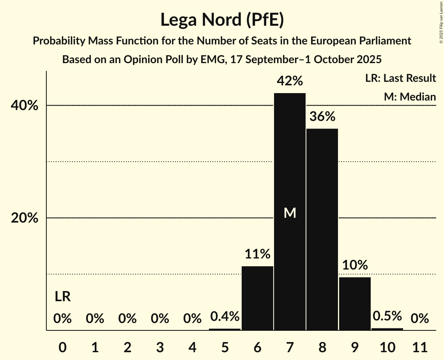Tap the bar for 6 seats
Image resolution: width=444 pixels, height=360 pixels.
pyautogui.click(x=257, y=298)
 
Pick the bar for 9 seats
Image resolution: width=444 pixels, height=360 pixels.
pyautogui.click(x=355, y=304)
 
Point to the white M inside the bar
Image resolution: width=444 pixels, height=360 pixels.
pyautogui.click(x=290, y=213)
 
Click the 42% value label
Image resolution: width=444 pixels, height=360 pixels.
pyautogui.click(x=290, y=81)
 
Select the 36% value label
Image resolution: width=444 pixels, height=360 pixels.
pyautogui.click(x=322, y=116)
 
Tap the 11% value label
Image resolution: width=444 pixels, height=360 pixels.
pyautogui.click(x=257, y=254)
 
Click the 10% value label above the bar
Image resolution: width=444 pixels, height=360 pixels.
pyautogui.click(x=355, y=265)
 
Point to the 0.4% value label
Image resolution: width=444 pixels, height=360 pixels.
pyautogui.click(x=225, y=316)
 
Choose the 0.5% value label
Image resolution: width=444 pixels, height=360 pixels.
pyautogui.click(x=387, y=316)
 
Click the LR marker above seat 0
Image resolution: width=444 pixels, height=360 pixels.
pyautogui.click(x=62, y=297)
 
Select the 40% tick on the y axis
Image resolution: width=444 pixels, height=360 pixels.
pyautogui.click(x=25, y=106)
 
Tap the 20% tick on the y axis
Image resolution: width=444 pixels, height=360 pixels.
pyautogui.click(x=25, y=218)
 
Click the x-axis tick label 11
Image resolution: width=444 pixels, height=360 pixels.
pyautogui.click(x=420, y=347)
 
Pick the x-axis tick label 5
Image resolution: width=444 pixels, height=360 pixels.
pyautogui.click(x=225, y=347)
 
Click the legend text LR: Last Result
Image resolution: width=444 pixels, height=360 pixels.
pyautogui.click(x=400, y=78)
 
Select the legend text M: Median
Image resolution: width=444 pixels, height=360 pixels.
pyautogui.click(x=410, y=97)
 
